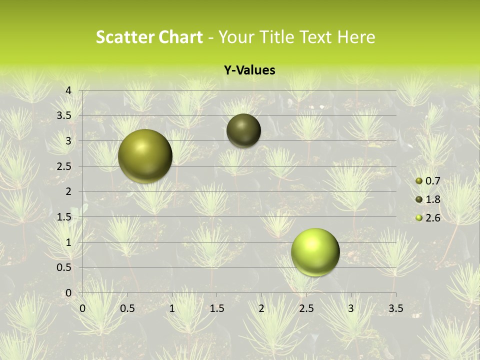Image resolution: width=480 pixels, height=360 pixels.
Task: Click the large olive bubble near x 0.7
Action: pos(145,156)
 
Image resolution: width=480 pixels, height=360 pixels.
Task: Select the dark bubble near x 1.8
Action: pos(243,130)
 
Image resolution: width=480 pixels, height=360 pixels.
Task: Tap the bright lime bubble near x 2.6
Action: pos(315,252)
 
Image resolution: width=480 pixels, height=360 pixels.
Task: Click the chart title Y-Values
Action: pos(249,70)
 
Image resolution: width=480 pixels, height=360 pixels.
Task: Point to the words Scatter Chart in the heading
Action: pos(149,37)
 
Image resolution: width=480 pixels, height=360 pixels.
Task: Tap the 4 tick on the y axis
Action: pos(69,90)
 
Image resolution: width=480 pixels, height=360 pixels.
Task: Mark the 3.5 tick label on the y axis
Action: pos(64,116)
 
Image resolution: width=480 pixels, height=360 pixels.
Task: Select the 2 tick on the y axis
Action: pos(69,191)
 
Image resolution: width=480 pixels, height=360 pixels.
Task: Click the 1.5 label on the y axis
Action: pos(64,217)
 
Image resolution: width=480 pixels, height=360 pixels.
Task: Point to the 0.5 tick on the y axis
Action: pos(64,267)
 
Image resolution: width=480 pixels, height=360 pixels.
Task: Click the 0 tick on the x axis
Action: pos(82,308)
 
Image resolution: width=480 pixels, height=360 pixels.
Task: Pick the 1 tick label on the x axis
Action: pos(172,308)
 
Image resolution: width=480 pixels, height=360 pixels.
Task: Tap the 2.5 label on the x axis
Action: pos(306,308)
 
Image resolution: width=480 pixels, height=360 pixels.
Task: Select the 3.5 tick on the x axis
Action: pos(395,308)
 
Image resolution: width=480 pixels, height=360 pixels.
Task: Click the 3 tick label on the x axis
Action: pos(351,308)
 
